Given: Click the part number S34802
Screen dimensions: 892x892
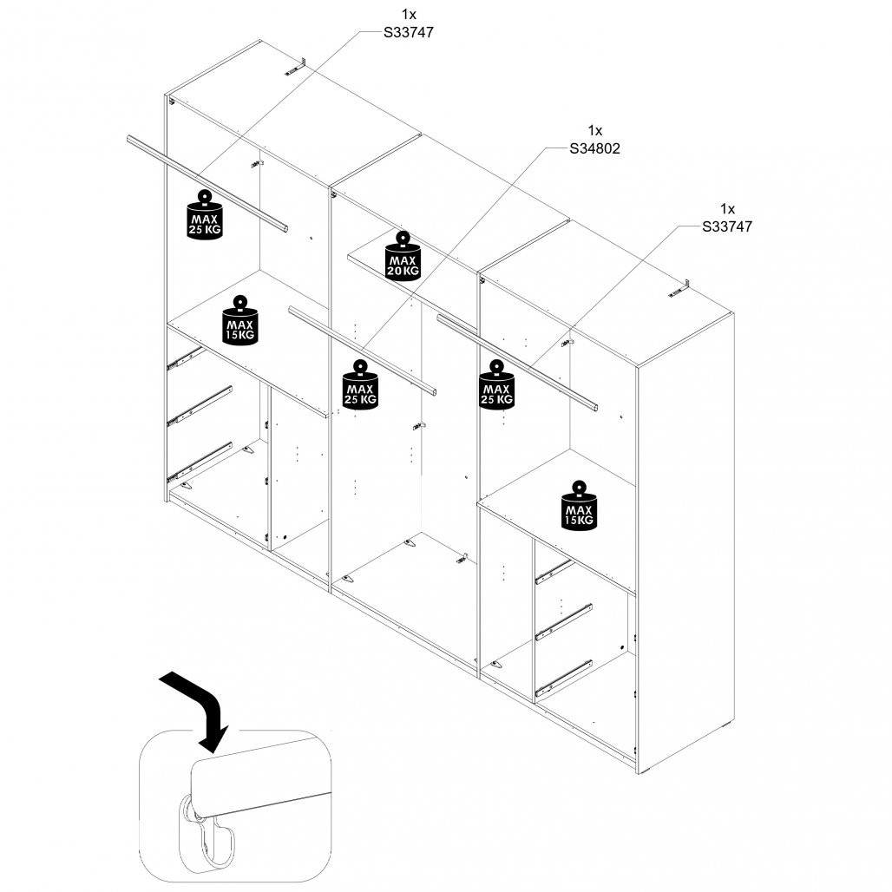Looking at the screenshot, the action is (x=594, y=148).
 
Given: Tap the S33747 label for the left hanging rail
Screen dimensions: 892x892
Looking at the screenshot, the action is (x=409, y=32).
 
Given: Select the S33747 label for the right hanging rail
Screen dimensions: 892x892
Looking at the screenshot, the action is (x=727, y=226).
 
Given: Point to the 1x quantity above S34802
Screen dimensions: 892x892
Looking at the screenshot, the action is (x=595, y=130).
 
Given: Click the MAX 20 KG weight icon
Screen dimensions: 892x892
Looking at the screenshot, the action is (x=403, y=255).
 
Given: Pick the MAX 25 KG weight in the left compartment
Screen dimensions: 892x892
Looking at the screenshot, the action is (x=204, y=215).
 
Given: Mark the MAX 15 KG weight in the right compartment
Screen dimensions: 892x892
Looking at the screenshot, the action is (x=579, y=506).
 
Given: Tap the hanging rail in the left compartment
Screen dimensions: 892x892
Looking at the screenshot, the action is (x=207, y=183).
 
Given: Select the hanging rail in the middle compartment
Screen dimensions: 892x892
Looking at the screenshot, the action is (x=363, y=351).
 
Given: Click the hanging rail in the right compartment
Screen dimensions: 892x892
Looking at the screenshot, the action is (x=517, y=363).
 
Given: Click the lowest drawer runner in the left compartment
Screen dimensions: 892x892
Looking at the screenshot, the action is (x=200, y=461).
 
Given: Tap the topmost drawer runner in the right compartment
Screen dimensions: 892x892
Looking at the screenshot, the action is (x=554, y=572).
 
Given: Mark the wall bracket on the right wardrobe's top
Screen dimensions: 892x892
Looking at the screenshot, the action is (x=679, y=289).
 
